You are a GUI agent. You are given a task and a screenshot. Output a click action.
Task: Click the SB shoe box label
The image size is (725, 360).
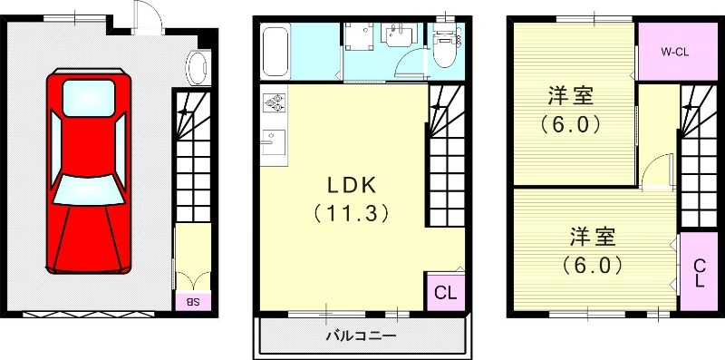(x=193, y=300)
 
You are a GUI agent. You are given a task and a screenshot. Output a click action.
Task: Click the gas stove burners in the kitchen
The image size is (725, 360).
(x=274, y=106)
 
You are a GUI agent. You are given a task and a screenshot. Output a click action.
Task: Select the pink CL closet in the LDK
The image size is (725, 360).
(x=444, y=292)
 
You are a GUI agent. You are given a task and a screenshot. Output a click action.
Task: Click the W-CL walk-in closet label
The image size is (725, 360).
(x=673, y=53)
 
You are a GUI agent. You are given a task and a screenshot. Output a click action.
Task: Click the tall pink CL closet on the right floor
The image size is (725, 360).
(x=699, y=272)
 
